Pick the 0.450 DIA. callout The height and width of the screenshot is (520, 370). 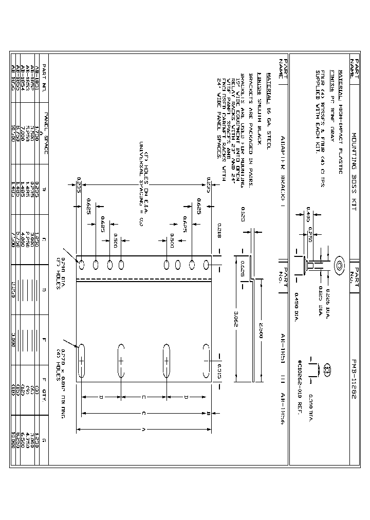click(x=296, y=304)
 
